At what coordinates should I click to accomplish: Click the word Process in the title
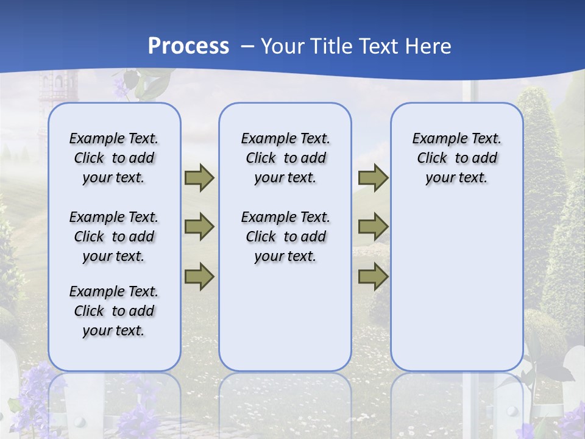188,46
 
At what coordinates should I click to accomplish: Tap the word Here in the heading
429,46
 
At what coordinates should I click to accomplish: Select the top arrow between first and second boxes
199,177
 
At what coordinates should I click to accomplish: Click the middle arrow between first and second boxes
199,227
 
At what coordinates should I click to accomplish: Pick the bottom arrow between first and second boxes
199,276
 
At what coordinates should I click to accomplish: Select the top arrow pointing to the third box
372,177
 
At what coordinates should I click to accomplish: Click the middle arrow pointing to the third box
372,227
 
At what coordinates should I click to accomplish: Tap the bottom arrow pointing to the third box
372,276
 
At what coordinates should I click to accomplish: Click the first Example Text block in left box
114,158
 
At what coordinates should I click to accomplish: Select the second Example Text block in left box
114,237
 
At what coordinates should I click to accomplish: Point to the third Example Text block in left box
114,311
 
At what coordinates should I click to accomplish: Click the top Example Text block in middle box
285,158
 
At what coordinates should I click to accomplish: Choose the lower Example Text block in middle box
285,237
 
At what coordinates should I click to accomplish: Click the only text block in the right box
456,158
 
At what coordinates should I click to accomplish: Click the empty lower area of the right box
456,287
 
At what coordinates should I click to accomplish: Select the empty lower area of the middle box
285,317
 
